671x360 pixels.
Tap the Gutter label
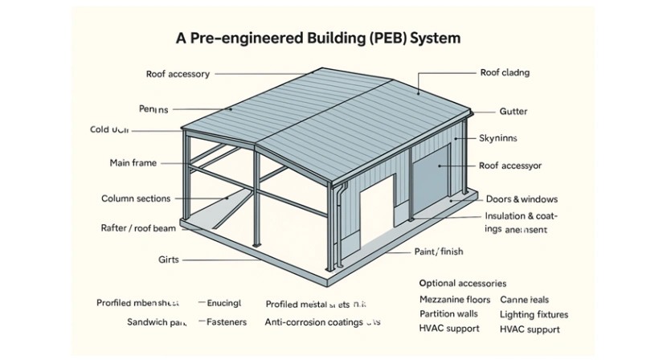[x=513, y=112]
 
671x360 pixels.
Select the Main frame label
[x=133, y=163]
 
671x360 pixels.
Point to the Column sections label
[x=135, y=198]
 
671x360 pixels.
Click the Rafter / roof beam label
[x=138, y=228]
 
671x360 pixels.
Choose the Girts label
[x=169, y=260]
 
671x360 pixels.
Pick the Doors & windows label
[x=522, y=198]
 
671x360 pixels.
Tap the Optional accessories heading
[x=463, y=284]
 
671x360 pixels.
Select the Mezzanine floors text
[x=454, y=300]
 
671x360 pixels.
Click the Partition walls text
[x=448, y=314]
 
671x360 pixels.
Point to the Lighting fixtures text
[x=534, y=314]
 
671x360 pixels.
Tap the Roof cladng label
[x=505, y=73]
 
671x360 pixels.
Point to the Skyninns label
[x=501, y=138]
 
